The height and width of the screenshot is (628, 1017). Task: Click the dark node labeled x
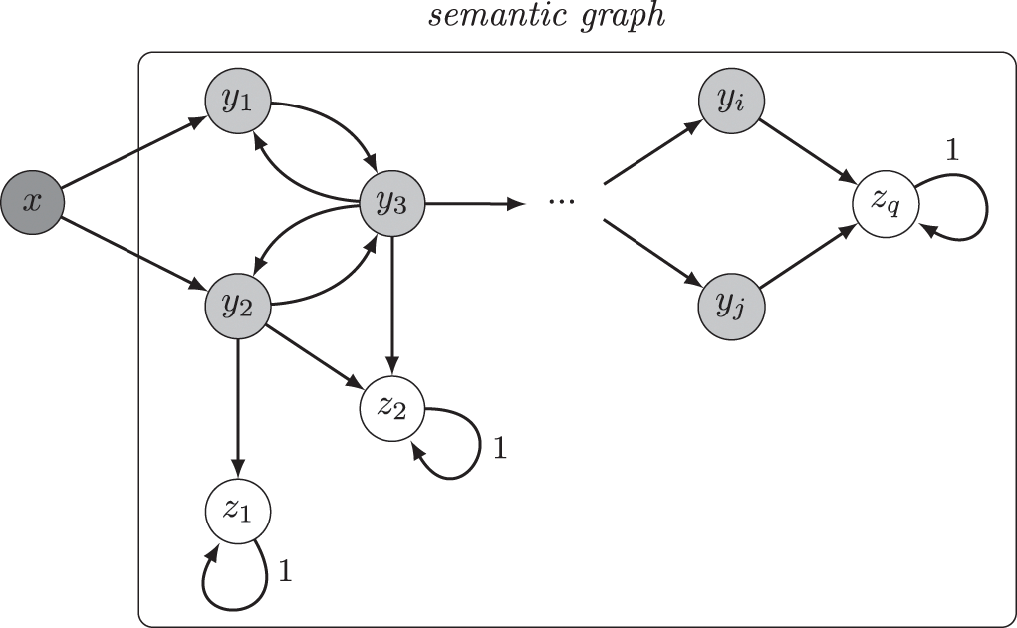point(33,203)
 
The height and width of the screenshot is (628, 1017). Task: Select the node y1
point(237,103)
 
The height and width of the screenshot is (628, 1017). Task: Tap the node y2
point(237,305)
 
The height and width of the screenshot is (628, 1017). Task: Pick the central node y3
point(392,204)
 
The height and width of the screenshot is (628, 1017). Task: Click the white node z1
point(237,511)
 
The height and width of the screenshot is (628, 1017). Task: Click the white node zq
point(885,204)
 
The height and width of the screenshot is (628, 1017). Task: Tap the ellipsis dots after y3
point(562,202)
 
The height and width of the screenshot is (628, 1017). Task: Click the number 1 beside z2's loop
point(500,448)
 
